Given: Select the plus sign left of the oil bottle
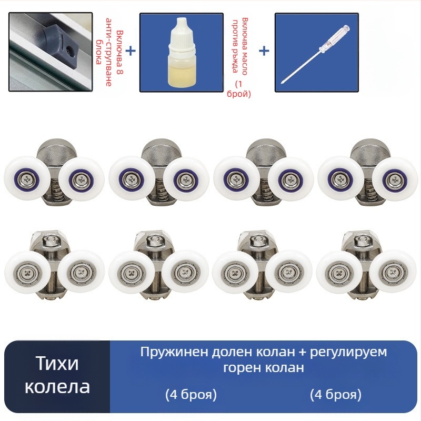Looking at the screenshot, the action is [x=131, y=51].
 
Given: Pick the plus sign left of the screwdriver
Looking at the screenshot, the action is [x=264, y=51].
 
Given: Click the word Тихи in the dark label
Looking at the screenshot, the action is [x=57, y=363].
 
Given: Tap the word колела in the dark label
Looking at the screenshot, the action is [x=57, y=387].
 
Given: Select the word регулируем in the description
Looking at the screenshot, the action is [x=348, y=352].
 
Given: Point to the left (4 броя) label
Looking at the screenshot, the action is [x=191, y=395].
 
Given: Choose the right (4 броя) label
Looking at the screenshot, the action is [x=336, y=395].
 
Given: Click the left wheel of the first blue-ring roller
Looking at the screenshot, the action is [x=27, y=178].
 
